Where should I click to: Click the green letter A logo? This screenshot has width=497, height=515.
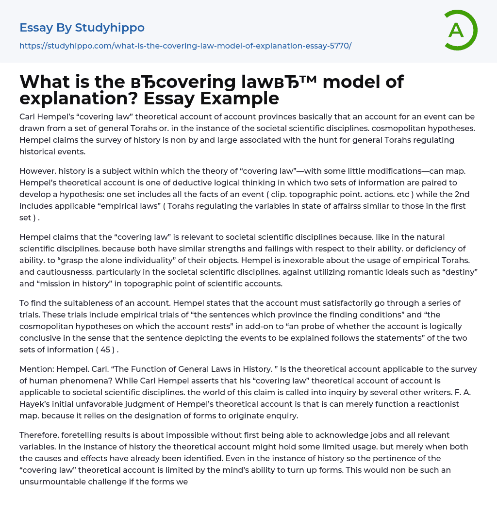[x=460, y=30]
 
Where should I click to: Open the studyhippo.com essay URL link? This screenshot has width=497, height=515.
[x=185, y=46]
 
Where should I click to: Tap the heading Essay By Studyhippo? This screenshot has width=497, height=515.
[x=82, y=28]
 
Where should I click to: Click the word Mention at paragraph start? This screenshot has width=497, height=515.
[x=35, y=369]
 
